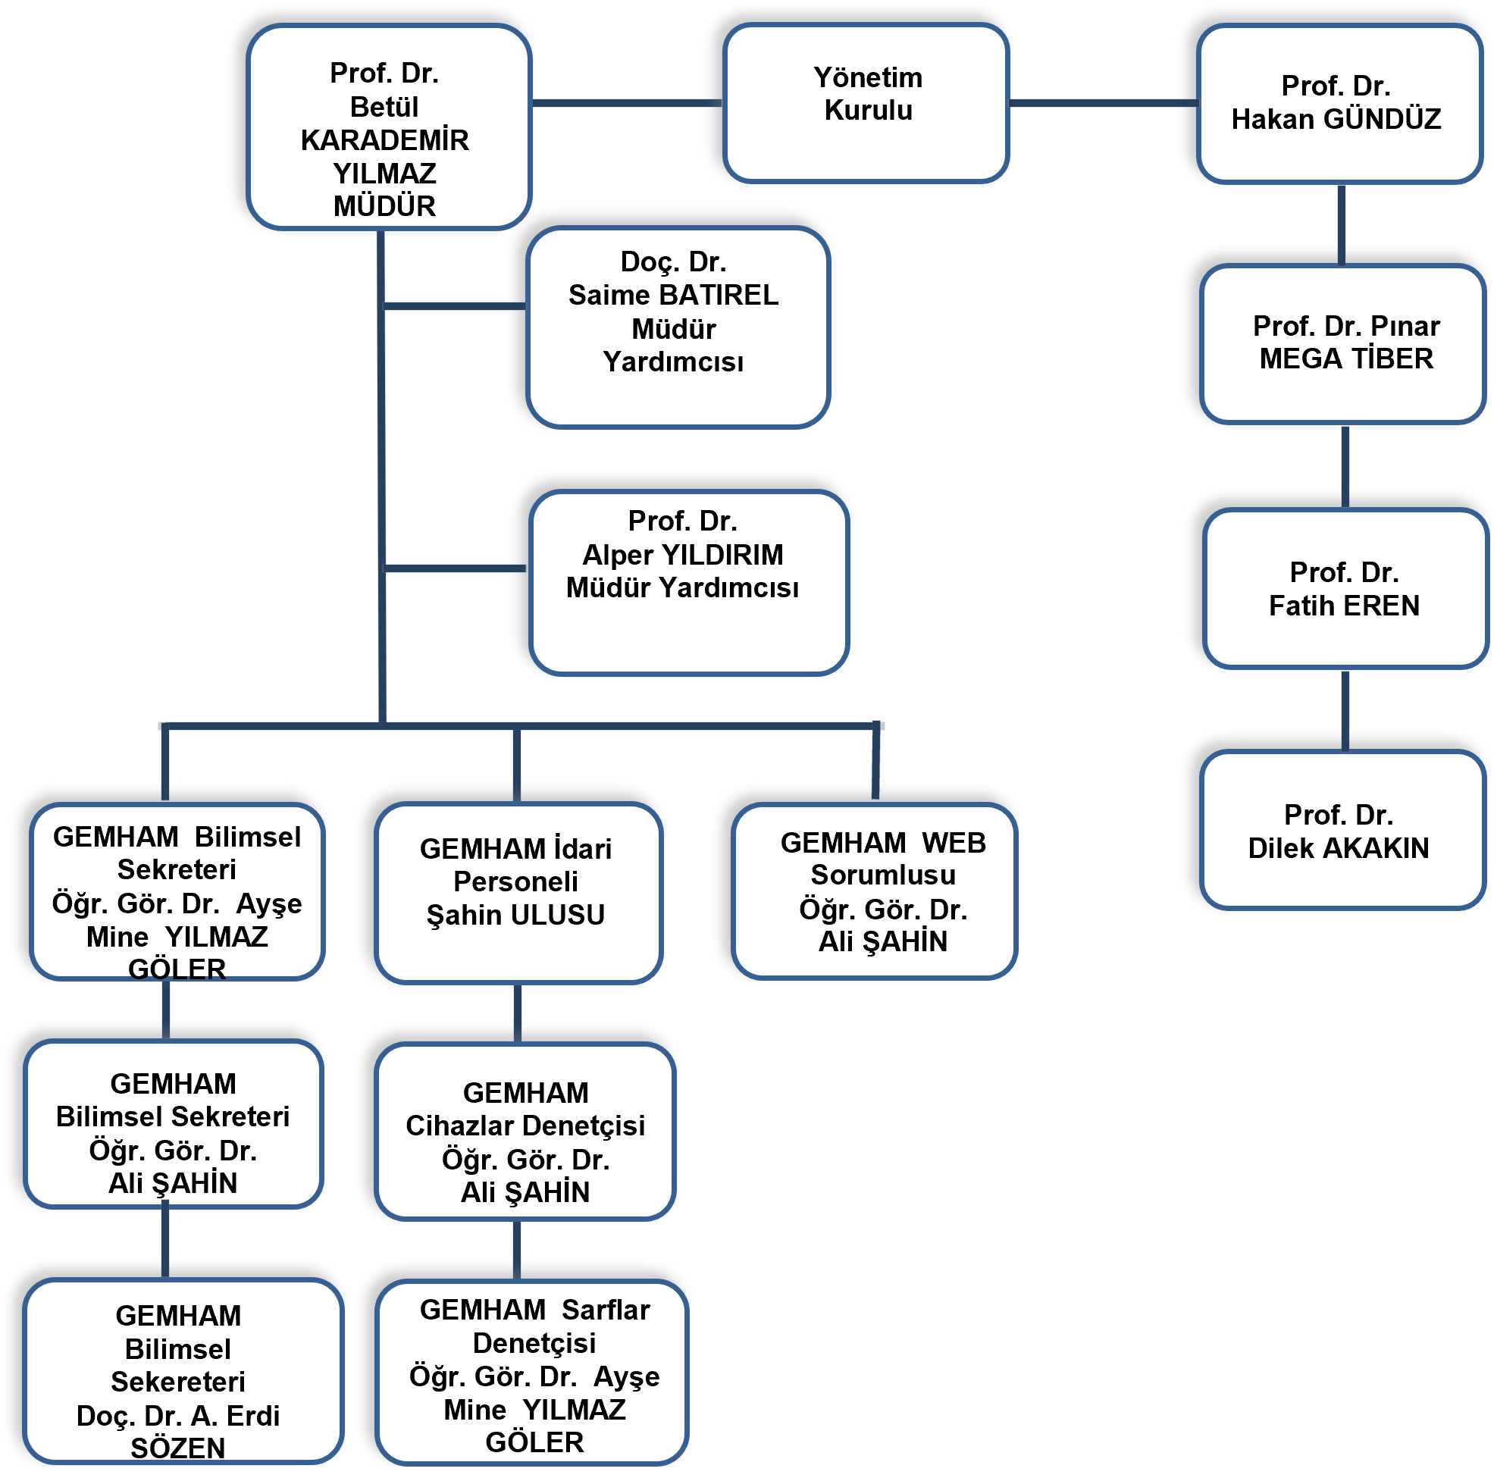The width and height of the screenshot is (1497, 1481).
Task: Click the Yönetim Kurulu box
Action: (x=867, y=104)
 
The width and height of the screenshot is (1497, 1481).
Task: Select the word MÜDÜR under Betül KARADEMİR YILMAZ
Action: (x=384, y=207)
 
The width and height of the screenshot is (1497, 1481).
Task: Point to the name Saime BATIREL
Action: (x=672, y=296)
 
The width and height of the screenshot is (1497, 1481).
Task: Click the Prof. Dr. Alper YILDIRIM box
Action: (x=688, y=583)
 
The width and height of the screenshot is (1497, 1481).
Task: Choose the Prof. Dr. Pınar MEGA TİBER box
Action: (x=1345, y=344)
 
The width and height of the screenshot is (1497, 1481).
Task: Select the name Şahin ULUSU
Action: (x=515, y=916)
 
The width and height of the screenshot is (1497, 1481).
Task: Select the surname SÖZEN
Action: (x=177, y=1448)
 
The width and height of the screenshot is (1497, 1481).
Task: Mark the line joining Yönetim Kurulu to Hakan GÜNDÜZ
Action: (x=1104, y=102)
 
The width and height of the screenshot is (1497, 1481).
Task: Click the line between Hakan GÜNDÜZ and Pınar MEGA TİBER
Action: (x=1342, y=226)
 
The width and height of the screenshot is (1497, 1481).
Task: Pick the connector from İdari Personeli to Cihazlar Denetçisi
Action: (x=517, y=1014)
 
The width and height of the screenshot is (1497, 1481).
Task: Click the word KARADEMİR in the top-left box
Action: (x=384, y=140)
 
